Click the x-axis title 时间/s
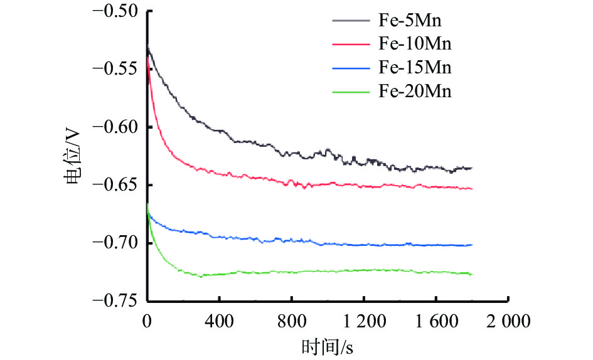click(328, 346)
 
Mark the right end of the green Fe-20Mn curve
click(471, 274)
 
